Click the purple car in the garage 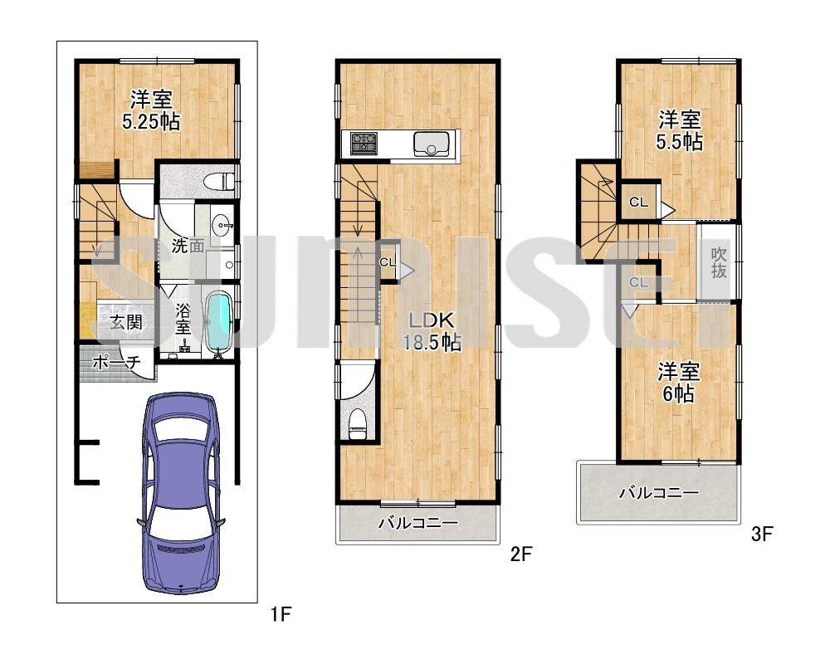[181, 492]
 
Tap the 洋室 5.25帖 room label [151, 110]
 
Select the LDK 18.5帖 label [432, 331]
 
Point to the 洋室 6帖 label [679, 383]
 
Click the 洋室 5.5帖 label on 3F [680, 130]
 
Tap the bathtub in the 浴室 [219, 322]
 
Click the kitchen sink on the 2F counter [431, 143]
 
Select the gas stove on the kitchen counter [364, 143]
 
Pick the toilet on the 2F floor [358, 423]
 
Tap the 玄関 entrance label [126, 322]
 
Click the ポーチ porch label [116, 362]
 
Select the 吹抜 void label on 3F [719, 262]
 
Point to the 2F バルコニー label [417, 523]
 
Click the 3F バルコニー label [660, 493]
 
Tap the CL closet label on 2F [388, 262]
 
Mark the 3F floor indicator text [762, 534]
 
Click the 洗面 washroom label [188, 246]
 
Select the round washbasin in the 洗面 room [222, 226]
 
